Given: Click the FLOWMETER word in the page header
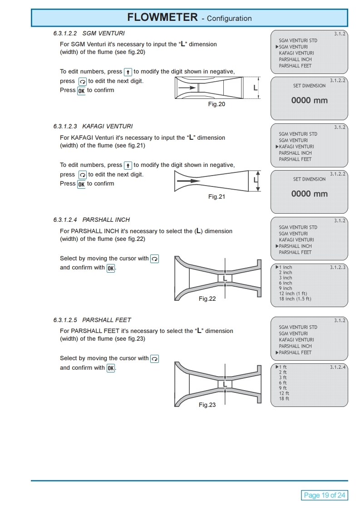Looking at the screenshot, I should click(x=162, y=18).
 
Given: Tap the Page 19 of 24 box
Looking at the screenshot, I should click(x=324, y=495).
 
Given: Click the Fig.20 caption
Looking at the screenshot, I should click(x=217, y=104).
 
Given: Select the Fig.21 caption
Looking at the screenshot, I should click(x=217, y=197).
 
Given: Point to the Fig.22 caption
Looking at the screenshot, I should click(x=207, y=299).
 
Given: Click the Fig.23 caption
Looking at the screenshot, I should click(x=207, y=405).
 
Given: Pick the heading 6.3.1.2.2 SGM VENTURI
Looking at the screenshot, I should click(x=89, y=33).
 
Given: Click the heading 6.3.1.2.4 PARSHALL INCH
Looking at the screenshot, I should click(x=91, y=220).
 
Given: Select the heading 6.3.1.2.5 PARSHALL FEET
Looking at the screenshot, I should click(x=92, y=320).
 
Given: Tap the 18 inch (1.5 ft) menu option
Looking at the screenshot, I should click(x=295, y=299).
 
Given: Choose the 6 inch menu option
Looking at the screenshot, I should click(x=286, y=283).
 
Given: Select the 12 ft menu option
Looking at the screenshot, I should click(x=284, y=393).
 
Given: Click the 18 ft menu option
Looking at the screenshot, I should click(x=284, y=399).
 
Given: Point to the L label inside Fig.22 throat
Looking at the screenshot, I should click(x=225, y=278).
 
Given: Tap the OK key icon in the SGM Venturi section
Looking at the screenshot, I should click(x=81, y=91).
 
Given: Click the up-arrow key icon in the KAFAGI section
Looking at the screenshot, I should click(x=128, y=165).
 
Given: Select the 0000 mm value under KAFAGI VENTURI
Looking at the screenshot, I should click(x=309, y=194).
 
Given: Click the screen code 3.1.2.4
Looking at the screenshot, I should click(x=338, y=367).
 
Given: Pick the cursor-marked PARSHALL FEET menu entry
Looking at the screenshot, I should click(x=295, y=352).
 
